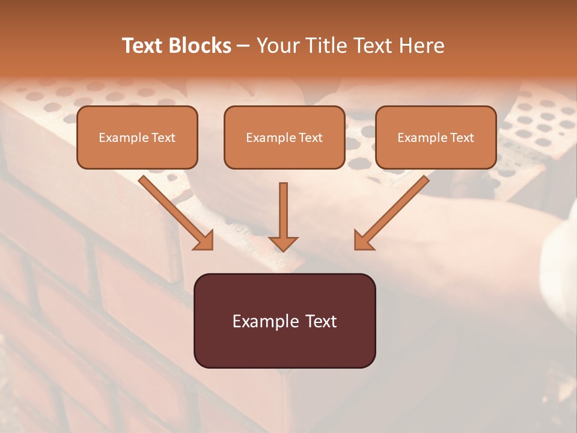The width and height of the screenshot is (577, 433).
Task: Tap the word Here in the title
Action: coord(422,46)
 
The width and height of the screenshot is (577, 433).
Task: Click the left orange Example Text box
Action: coord(137,138)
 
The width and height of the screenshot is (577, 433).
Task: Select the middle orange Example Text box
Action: coord(284,138)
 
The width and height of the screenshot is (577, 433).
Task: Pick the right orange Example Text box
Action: coord(436,138)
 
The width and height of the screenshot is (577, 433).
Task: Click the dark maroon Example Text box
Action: coord(284,321)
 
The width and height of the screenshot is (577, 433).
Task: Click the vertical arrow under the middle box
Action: coord(283,210)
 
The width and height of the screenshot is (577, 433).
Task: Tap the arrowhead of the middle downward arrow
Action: coord(283,244)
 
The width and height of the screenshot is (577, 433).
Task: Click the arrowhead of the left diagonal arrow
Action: coord(204,241)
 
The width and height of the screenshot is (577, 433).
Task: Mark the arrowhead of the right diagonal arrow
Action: coord(363,241)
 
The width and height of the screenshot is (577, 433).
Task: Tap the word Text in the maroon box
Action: coord(321,321)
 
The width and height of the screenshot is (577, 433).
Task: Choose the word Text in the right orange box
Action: coord(462,138)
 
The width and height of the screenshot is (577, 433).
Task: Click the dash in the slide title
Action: coord(243,46)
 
